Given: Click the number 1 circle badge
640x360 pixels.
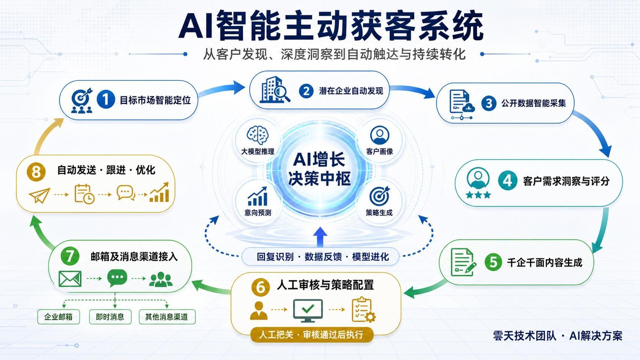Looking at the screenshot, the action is pyautogui.click(x=106, y=99).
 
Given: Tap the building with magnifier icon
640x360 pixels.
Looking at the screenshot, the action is pyautogui.click(x=274, y=90).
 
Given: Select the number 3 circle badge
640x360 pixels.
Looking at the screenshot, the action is pyautogui.click(x=488, y=103).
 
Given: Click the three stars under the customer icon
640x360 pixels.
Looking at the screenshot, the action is pyautogui.click(x=478, y=195).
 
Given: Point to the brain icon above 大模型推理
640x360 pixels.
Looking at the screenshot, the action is pyautogui.click(x=258, y=135).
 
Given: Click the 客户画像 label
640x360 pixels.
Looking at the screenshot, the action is pyautogui.click(x=379, y=151).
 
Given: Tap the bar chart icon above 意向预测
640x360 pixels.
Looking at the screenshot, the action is pyautogui.click(x=258, y=196).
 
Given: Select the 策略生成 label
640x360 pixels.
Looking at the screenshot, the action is pyautogui.click(x=379, y=213).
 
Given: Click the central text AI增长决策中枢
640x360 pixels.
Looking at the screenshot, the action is pyautogui.click(x=319, y=169).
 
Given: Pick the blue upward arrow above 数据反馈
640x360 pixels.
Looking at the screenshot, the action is pyautogui.click(x=320, y=237).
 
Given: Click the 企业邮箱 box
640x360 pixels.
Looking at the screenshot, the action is pyautogui.click(x=59, y=317).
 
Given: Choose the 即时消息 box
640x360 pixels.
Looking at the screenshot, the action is pyautogui.click(x=110, y=317).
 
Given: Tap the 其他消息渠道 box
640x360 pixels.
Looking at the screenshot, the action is pyautogui.click(x=167, y=317).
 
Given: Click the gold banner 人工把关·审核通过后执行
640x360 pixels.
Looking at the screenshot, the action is pyautogui.click(x=312, y=334).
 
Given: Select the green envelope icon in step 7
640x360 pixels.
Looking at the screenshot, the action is pyautogui.click(x=70, y=279).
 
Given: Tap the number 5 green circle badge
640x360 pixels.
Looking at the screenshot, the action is pyautogui.click(x=493, y=262).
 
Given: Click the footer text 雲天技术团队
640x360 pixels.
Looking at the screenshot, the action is pyautogui.click(x=524, y=336).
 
